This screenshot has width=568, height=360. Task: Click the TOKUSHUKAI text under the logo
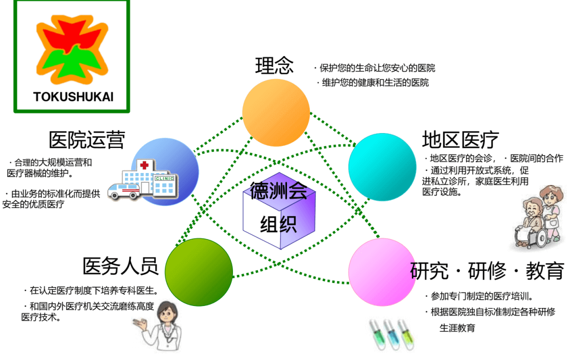(x=73, y=96)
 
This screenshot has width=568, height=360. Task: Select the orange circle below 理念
(x=276, y=112)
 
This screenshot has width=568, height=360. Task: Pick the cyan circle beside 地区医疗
(x=382, y=167)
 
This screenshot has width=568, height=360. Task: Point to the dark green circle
(x=199, y=272)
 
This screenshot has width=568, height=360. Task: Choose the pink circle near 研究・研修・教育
(x=381, y=273)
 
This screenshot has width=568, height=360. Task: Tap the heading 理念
(x=274, y=65)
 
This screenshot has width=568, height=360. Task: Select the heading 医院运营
(x=86, y=140)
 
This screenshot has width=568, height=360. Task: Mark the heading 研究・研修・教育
(x=486, y=271)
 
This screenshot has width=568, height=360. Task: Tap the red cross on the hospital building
(x=144, y=165)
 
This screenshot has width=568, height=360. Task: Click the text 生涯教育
(x=457, y=328)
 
